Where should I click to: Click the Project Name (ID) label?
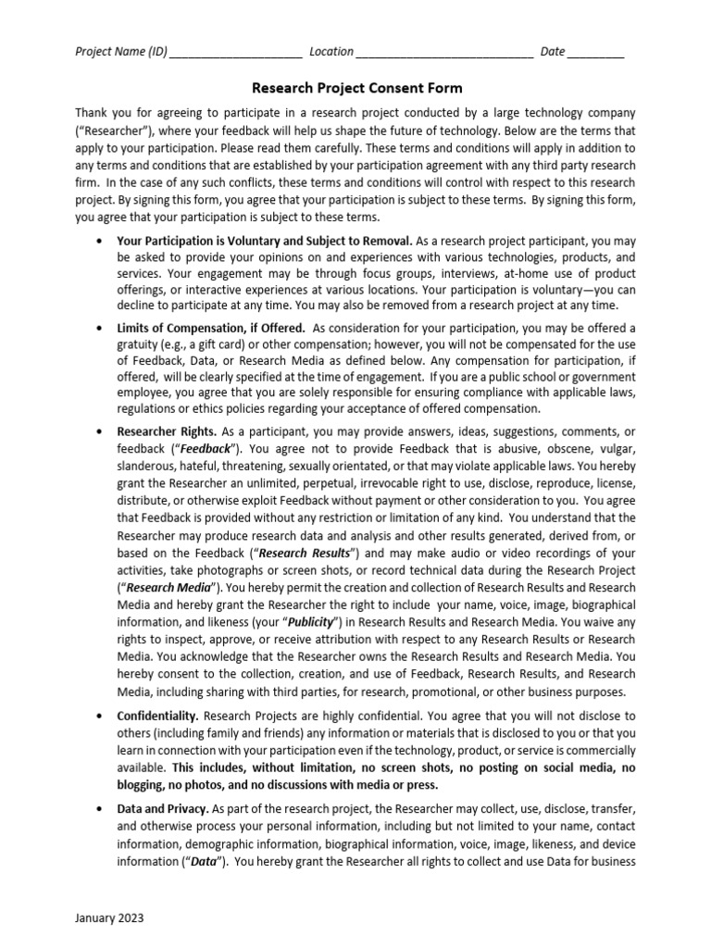point(120,52)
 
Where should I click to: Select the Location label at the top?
point(331,52)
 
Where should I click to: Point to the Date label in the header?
point(552,52)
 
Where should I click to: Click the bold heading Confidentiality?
point(157,717)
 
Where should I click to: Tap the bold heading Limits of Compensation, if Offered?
point(211,328)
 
